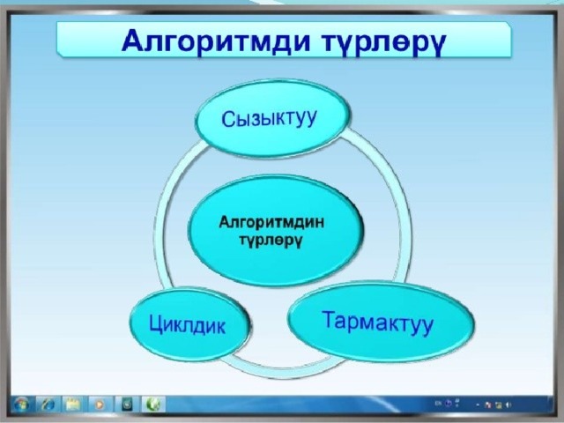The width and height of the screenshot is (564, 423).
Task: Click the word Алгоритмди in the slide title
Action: [216, 41]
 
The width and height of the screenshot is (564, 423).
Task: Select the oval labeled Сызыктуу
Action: [272, 118]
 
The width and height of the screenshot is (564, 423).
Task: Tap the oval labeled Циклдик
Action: [189, 324]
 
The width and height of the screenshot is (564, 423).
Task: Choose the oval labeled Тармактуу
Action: [382, 321]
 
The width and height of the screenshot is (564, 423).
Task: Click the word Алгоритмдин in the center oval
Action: [271, 222]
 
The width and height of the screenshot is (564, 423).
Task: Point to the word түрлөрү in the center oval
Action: [271, 240]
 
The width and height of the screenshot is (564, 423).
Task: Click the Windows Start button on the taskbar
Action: [21, 404]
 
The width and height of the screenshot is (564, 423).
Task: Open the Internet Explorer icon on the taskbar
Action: [47, 404]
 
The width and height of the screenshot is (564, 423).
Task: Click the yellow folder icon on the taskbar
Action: [73, 404]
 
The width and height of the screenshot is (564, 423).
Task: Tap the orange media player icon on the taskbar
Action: [99, 404]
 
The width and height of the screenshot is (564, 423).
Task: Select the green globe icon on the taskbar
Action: [153, 404]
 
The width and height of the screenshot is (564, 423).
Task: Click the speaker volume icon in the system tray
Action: [508, 405]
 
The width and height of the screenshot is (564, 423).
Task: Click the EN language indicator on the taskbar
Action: [438, 404]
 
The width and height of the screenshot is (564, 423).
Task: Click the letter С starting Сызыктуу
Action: [228, 120]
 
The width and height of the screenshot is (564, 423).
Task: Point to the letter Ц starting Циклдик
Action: [157, 324]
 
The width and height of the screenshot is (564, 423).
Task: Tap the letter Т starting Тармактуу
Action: [330, 319]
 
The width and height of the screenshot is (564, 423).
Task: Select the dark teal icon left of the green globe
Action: [127, 404]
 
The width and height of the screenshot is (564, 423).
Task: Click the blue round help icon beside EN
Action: [448, 404]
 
